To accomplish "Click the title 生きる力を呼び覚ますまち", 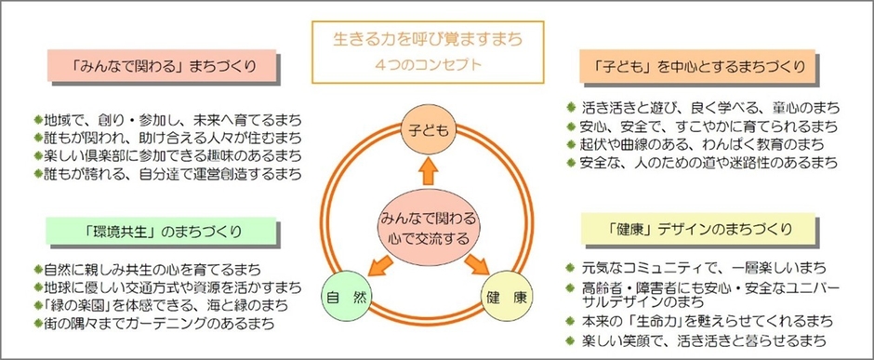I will click(x=428, y=41).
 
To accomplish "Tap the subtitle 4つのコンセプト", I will click(x=428, y=65).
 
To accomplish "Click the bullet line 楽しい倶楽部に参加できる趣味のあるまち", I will click(x=167, y=155).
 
